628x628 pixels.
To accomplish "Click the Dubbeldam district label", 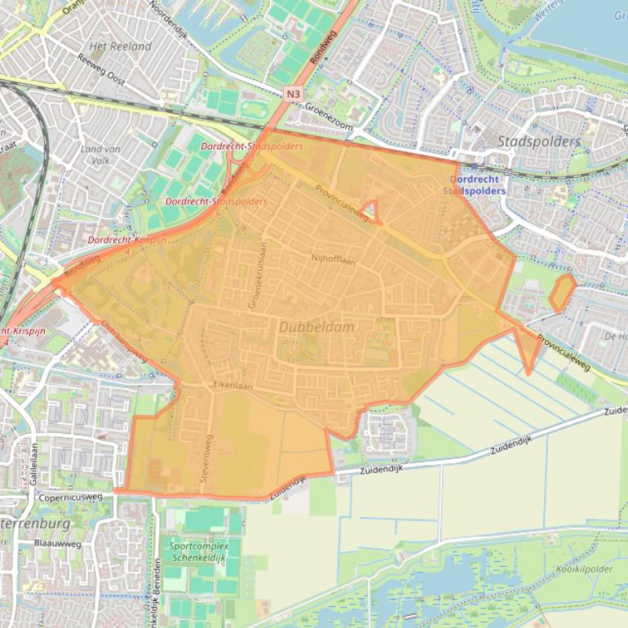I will [x=316, y=326].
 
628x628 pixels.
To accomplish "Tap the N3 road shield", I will [x=294, y=95].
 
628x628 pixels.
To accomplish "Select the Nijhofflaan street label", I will [x=334, y=258].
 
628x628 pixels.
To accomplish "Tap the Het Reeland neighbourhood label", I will [x=120, y=46].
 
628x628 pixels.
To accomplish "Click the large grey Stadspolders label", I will [x=538, y=141].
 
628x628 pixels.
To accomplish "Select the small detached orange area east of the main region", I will [x=561, y=293].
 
